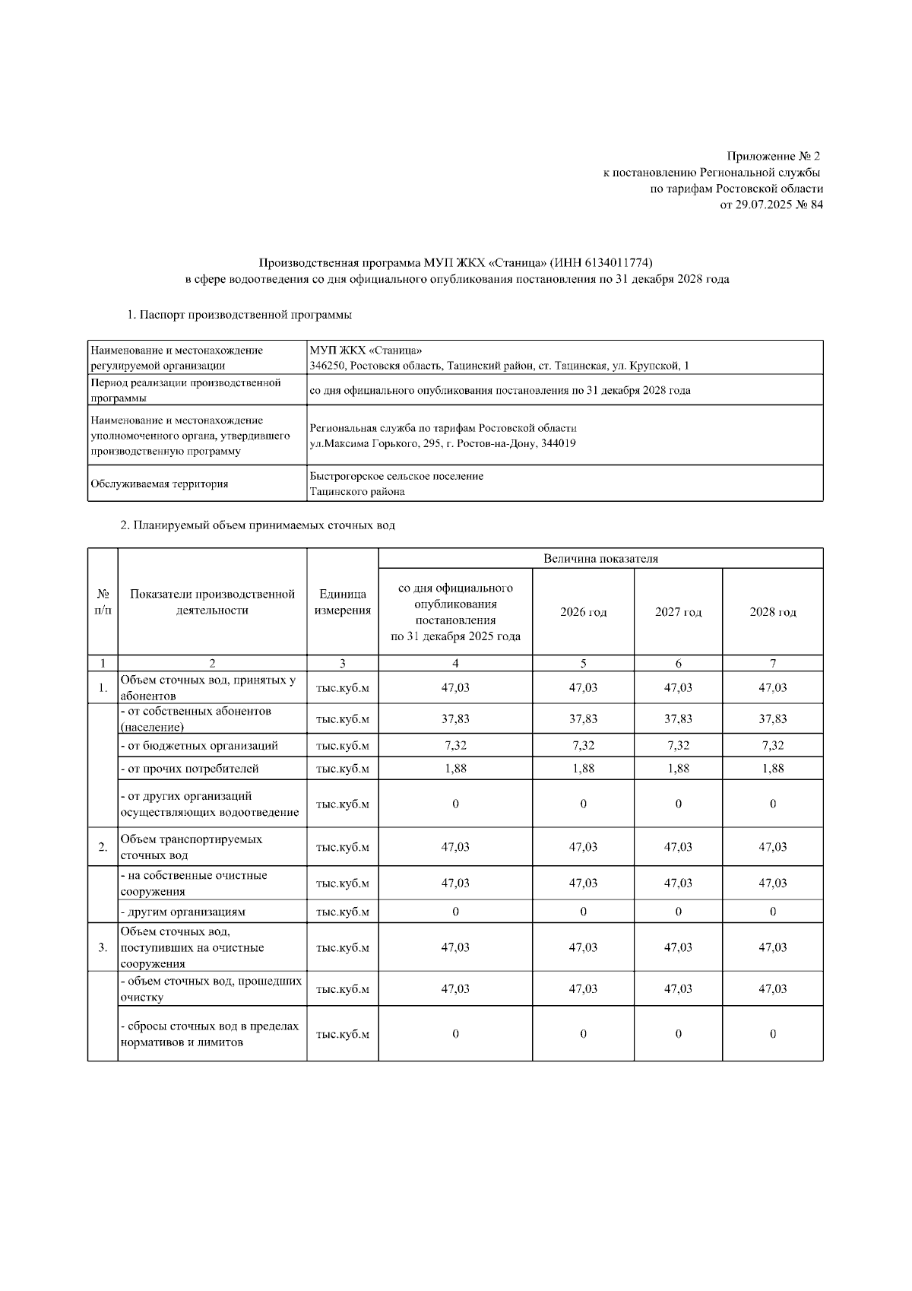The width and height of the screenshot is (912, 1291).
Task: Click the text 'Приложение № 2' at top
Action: (774, 157)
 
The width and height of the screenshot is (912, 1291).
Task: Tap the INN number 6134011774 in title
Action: (618, 263)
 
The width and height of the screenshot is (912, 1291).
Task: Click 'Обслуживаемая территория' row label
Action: (159, 484)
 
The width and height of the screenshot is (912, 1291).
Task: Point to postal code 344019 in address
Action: (558, 443)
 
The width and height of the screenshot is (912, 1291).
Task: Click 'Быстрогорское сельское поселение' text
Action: (396, 476)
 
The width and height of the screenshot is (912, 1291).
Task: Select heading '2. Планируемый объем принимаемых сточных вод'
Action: (258, 525)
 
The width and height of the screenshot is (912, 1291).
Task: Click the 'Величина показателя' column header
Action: (600, 559)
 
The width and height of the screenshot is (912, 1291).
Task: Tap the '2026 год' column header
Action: (583, 612)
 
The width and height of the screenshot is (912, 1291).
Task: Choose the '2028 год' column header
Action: (772, 612)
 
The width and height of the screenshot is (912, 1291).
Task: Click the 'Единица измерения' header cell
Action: (342, 603)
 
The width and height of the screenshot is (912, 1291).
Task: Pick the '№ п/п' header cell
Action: (103, 603)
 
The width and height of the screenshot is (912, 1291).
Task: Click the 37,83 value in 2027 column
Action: (678, 718)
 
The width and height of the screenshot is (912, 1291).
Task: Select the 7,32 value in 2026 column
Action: (583, 746)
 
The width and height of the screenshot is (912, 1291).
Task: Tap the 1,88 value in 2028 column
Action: (772, 769)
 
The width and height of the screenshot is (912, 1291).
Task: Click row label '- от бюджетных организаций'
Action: (199, 746)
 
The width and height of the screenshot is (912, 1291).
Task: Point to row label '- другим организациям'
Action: (182, 912)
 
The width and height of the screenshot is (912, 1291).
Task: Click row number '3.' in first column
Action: (103, 947)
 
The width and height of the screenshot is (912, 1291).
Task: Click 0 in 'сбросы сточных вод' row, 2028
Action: (772, 1034)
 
